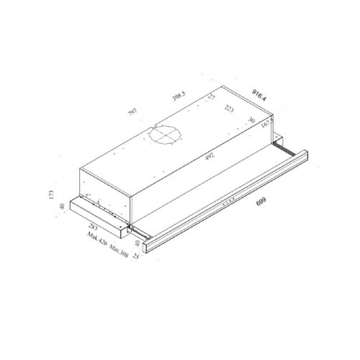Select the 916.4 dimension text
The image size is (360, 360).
click(262, 92)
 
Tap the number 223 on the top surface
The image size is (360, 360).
click(229, 110)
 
